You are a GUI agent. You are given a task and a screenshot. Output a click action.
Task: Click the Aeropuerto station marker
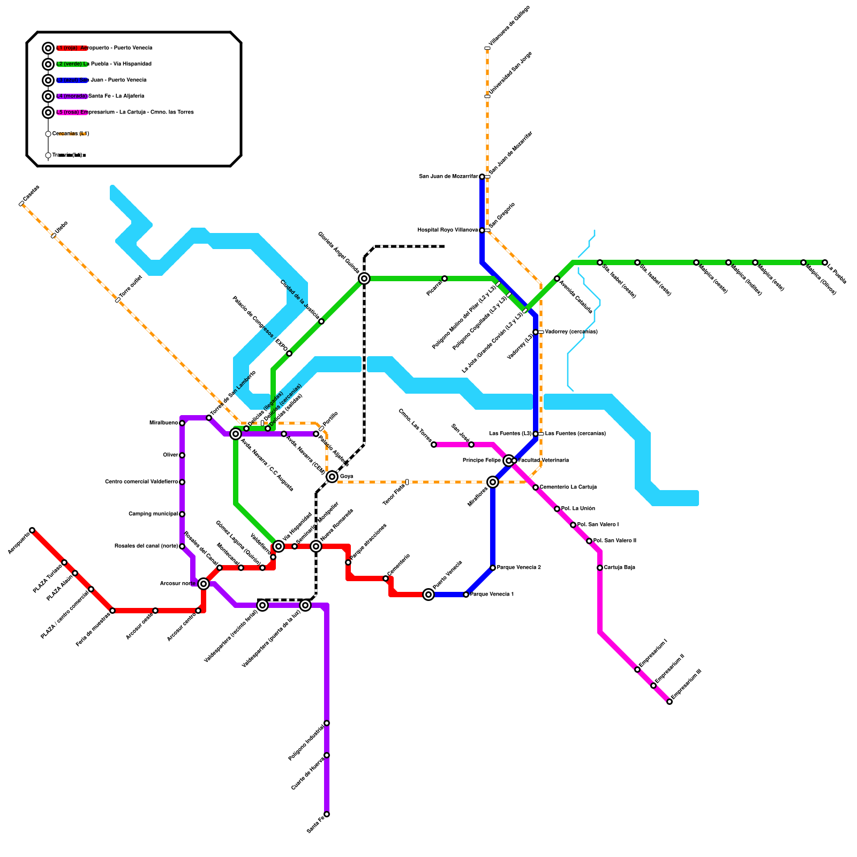pyautogui.click(x=32, y=530)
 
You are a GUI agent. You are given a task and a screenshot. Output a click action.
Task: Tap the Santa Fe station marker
pyautogui.click(x=327, y=814)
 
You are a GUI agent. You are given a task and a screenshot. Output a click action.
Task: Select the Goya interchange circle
pyautogui.click(x=332, y=477)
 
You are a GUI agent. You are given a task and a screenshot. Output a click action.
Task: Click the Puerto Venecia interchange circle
pyautogui.click(x=428, y=595)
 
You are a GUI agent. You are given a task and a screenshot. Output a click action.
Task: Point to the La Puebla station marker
pyautogui.click(x=825, y=262)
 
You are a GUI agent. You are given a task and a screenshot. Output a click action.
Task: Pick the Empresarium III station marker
pyautogui.click(x=670, y=702)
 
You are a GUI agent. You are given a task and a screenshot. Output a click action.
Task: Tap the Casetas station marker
pyautogui.click(x=21, y=204)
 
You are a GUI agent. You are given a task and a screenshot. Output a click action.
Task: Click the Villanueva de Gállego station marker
pyautogui.click(x=487, y=48)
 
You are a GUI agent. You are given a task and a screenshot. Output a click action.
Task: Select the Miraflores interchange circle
pyautogui.click(x=493, y=482)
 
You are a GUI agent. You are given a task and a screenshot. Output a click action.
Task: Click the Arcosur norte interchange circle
pyautogui.click(x=204, y=584)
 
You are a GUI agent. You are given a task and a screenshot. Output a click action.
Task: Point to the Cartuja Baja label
pyautogui.click(x=619, y=568)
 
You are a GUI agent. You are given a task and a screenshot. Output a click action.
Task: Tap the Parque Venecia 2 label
pyautogui.click(x=518, y=568)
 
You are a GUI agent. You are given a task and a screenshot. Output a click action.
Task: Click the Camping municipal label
pyautogui.click(x=153, y=514)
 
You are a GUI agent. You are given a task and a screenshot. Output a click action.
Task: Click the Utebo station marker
pyautogui.click(x=54, y=236)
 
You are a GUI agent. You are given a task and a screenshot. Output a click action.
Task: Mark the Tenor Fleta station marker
pyautogui.click(x=407, y=482)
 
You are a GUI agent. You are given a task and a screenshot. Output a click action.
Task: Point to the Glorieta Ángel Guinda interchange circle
pyautogui.click(x=364, y=279)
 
